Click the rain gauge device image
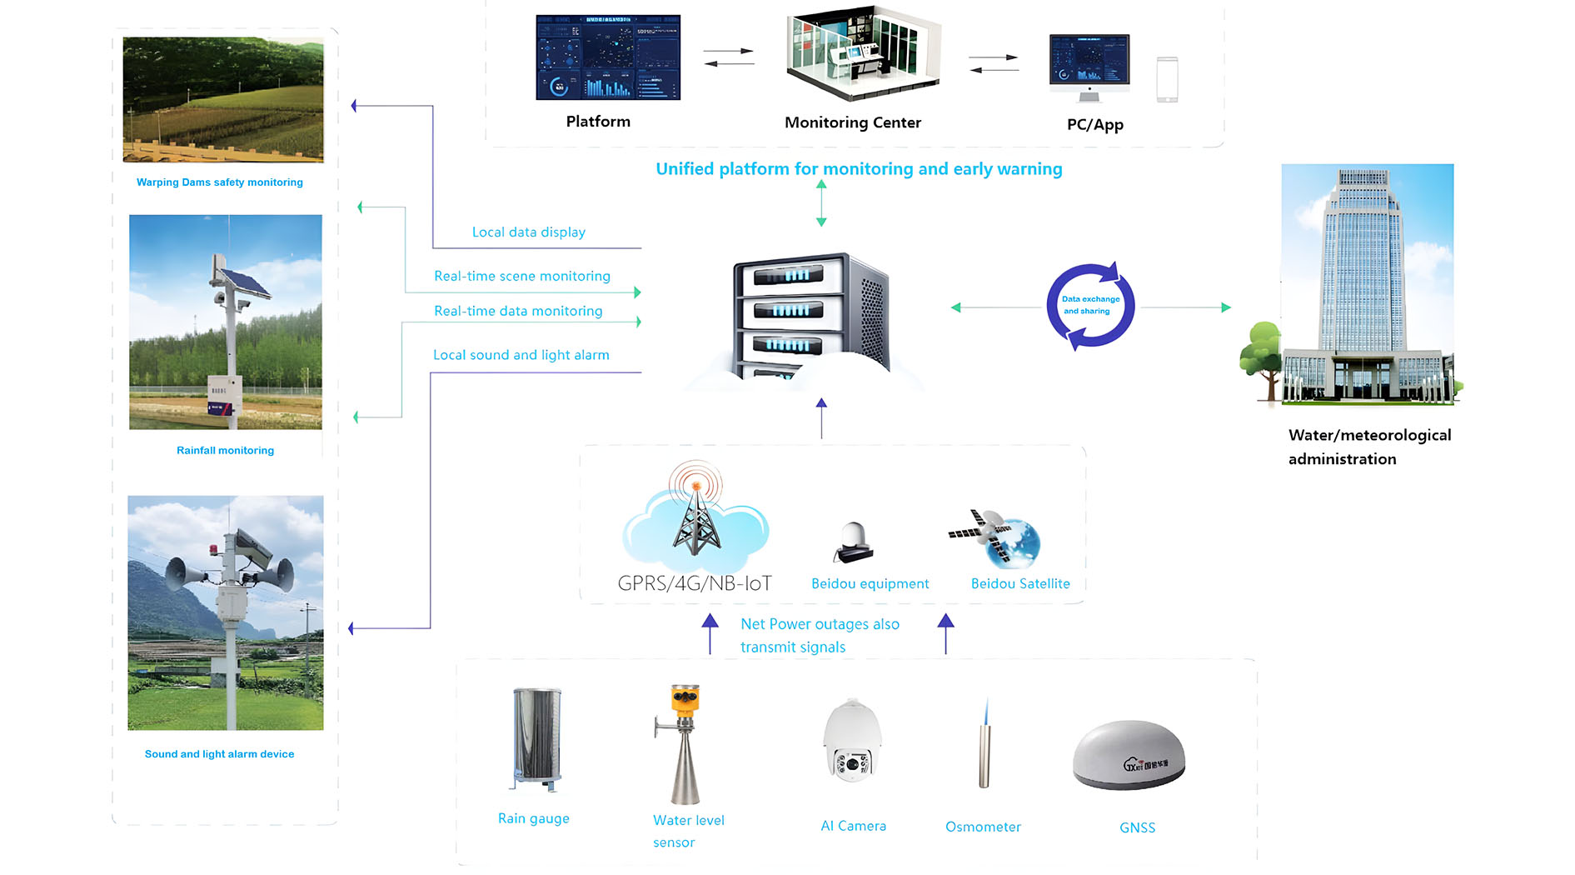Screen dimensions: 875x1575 click(x=537, y=738)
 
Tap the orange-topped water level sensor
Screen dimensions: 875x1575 click(x=685, y=742)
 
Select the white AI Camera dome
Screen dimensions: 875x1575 click(x=852, y=741)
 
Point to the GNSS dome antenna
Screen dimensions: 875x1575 click(x=1129, y=754)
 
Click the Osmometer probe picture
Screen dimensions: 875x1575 click(x=984, y=746)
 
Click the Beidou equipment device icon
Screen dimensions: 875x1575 click(x=854, y=542)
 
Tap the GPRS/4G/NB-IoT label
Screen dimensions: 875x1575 click(x=695, y=583)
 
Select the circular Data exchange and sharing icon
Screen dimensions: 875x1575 click(x=1090, y=305)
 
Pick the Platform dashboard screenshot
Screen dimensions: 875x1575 click(x=608, y=57)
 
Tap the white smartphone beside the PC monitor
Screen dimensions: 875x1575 click(x=1167, y=80)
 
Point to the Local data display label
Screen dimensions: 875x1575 click(x=528, y=232)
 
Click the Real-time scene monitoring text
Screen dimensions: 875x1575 click(x=521, y=276)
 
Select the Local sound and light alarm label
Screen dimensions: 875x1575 click(x=521, y=355)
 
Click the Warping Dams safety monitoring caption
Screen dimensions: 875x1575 click(x=219, y=182)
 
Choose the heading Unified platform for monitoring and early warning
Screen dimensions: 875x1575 click(x=859, y=169)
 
